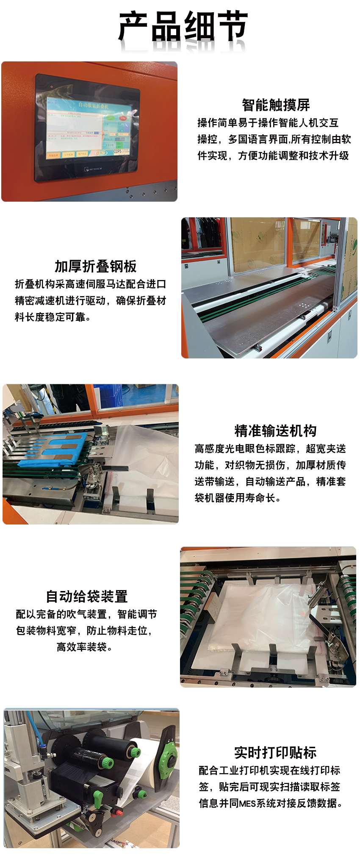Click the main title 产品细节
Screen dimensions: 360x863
coord(183,26)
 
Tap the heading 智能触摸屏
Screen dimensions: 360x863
coord(276,105)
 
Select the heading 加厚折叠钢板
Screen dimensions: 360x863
coord(96,266)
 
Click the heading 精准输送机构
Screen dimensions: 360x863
coord(275,431)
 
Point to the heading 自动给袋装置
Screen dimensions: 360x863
coord(87,597)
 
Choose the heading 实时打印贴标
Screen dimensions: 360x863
coord(275,752)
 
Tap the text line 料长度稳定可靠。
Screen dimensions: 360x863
coord(53,317)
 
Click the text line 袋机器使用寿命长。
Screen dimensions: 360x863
coord(238,498)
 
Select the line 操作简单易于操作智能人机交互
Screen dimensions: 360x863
coord(268,123)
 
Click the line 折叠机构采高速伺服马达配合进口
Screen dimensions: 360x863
coord(91,284)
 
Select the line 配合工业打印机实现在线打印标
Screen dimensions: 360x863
coord(270,770)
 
